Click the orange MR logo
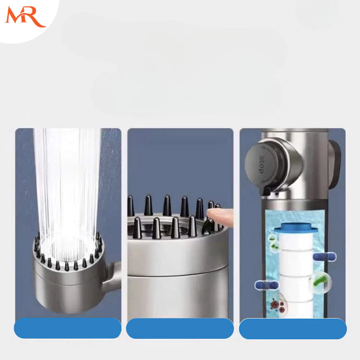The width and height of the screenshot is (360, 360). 25,17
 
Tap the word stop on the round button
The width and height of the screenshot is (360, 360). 261,164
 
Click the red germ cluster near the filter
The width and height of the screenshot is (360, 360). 278,306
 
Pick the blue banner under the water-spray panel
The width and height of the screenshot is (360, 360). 68,328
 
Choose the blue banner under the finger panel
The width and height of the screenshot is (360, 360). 180,328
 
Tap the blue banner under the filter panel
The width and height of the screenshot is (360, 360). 293,328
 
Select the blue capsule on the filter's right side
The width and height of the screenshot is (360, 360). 324,256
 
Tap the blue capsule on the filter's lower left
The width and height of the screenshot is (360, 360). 266,285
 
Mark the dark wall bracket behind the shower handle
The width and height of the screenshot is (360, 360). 334,164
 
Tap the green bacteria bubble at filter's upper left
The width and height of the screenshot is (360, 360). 273,243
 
